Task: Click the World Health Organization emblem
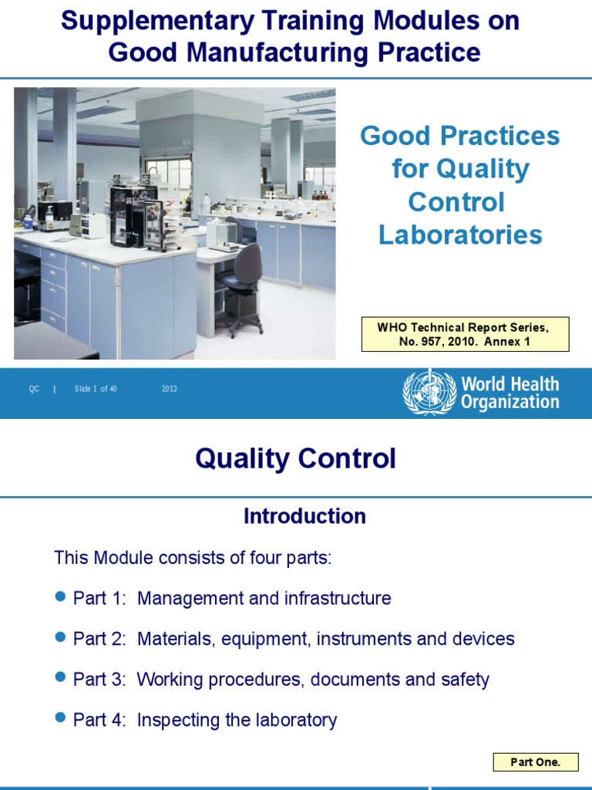click(x=429, y=392)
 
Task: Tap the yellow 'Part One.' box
click(x=536, y=762)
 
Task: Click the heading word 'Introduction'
click(x=304, y=516)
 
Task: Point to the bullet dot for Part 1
click(x=62, y=596)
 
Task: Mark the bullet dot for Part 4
click(x=62, y=718)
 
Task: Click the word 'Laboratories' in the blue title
click(x=460, y=235)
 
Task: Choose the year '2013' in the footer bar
click(x=170, y=389)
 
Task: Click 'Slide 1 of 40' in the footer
click(x=96, y=389)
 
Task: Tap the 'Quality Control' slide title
click(x=295, y=459)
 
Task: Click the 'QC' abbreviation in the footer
click(x=34, y=389)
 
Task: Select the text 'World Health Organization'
click(x=510, y=393)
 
